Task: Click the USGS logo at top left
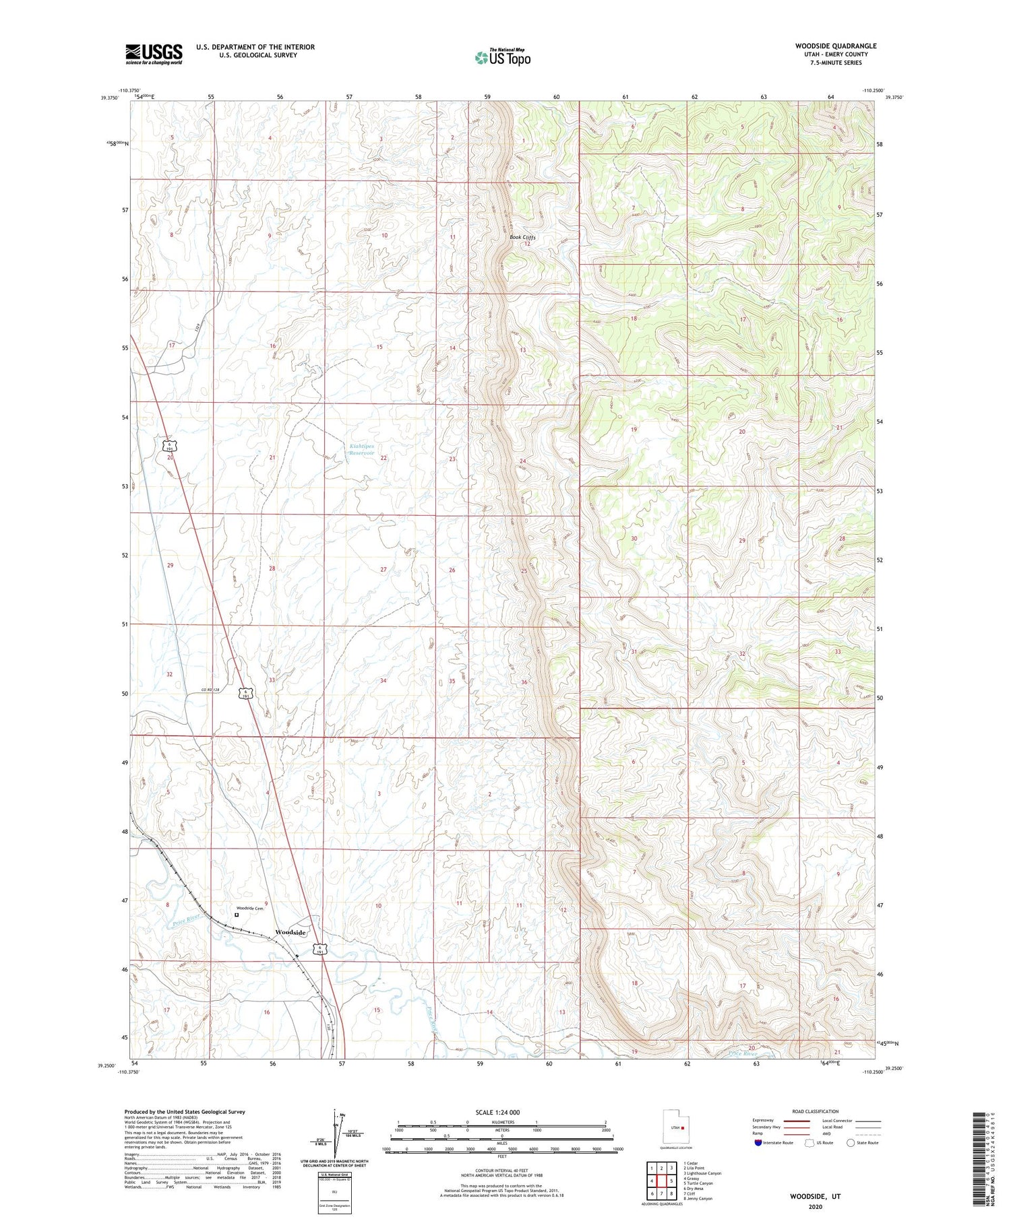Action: pos(154,54)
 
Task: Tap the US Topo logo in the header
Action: pos(503,58)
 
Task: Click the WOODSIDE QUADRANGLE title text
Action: pos(835,46)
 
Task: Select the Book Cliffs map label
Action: pos(522,237)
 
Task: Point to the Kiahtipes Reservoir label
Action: pos(361,449)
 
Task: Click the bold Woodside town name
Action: pos(290,932)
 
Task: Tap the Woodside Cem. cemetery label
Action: pos(249,908)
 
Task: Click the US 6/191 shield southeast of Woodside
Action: pos(321,949)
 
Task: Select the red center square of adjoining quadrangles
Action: pos(662,1181)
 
